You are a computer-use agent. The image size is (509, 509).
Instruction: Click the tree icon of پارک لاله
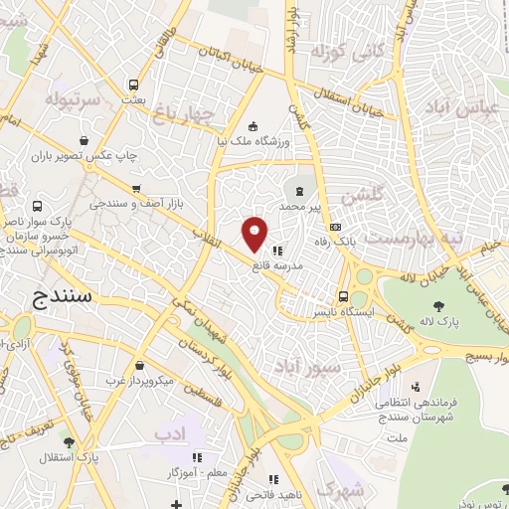(438, 303)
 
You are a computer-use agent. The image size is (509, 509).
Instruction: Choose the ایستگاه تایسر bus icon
(343, 295)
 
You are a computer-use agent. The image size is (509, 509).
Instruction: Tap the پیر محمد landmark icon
(299, 188)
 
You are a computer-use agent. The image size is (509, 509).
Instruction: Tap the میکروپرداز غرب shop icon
(139, 365)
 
